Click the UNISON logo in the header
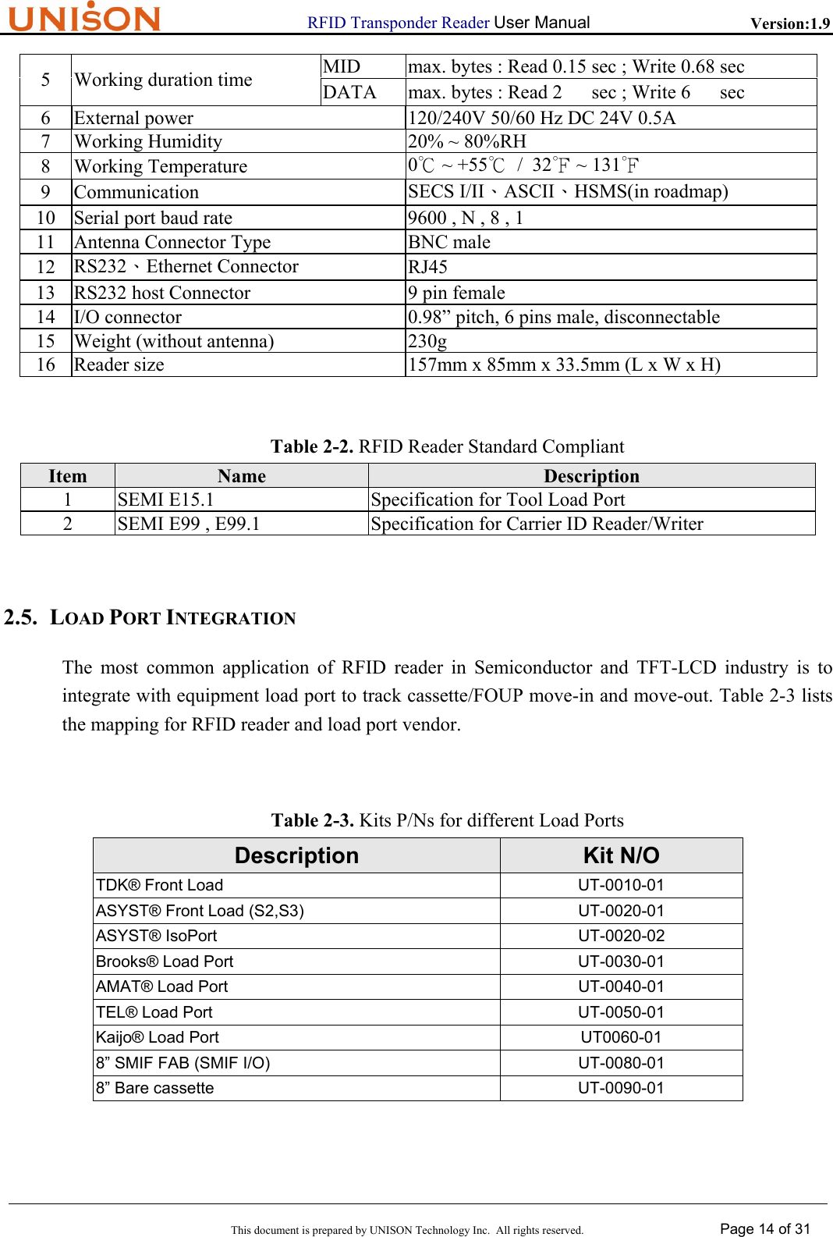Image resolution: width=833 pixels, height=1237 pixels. [x=84, y=17]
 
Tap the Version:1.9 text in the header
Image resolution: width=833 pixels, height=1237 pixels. [x=789, y=23]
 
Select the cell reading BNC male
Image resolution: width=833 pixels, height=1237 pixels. [x=449, y=243]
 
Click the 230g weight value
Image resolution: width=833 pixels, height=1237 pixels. [x=427, y=341]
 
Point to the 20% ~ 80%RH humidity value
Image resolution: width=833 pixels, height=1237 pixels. [x=467, y=141]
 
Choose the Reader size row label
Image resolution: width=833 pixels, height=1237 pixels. [x=119, y=365]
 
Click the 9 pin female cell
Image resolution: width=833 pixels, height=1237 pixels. [x=456, y=293]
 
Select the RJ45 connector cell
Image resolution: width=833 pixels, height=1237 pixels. [x=428, y=267]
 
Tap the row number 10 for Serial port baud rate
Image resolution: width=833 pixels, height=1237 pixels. [x=46, y=218]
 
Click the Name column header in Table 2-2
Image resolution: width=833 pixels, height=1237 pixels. [x=242, y=476]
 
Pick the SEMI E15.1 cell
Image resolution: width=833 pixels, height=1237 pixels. [x=165, y=499]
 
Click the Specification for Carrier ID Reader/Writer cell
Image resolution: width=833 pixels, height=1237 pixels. [x=537, y=524]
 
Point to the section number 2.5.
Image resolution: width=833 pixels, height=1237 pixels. [x=21, y=617]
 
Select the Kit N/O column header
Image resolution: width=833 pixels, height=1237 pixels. [x=621, y=855]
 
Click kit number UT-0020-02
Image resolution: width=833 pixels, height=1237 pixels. [x=621, y=936]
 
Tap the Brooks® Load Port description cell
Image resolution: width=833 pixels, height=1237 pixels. [x=165, y=962]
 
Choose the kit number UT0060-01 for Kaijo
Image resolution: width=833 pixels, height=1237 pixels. [x=621, y=1037]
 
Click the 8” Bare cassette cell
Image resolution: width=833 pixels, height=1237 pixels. [x=154, y=1088]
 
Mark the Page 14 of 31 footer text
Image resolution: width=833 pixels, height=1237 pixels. [x=765, y=1229]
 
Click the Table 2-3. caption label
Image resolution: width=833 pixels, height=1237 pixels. [x=313, y=820]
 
